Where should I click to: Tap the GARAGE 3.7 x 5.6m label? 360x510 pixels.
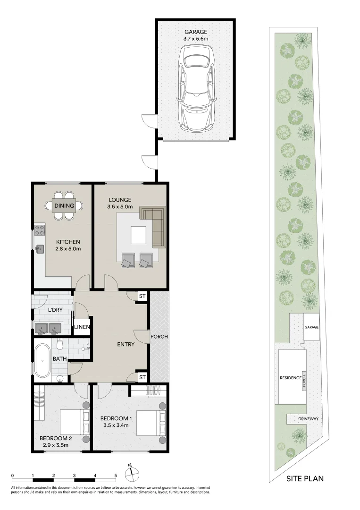tap(196, 35)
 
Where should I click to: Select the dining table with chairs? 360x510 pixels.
tap(64, 205)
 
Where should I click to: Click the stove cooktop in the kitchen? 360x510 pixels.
tap(40, 231)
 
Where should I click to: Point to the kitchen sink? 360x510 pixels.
tap(40, 247)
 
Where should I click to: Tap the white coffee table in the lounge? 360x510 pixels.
tap(139, 234)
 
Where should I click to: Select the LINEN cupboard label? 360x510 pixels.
tap(82, 327)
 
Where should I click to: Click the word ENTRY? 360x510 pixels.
tap(126, 344)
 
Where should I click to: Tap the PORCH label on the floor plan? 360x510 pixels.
tap(159, 337)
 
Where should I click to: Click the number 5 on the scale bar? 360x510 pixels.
tap(116, 476)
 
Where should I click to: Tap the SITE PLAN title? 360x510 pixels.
tap(305, 478)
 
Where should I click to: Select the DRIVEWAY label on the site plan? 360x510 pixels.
tap(309, 419)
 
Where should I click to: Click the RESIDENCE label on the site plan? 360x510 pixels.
tap(290, 378)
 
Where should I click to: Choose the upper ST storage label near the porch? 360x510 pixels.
tap(142, 296)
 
